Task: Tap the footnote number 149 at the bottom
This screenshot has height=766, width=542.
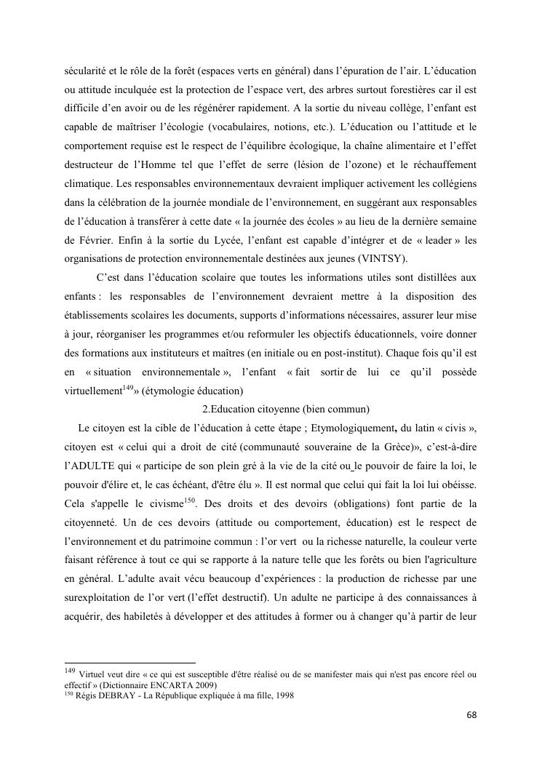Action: (x=65, y=671)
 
